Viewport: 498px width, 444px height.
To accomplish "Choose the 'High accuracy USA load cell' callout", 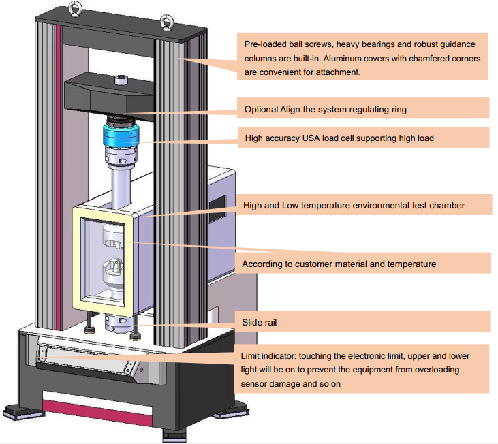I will [x=339, y=138].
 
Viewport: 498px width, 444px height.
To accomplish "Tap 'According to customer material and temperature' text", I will [x=339, y=263].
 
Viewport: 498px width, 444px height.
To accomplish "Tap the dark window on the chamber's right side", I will [x=217, y=202].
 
